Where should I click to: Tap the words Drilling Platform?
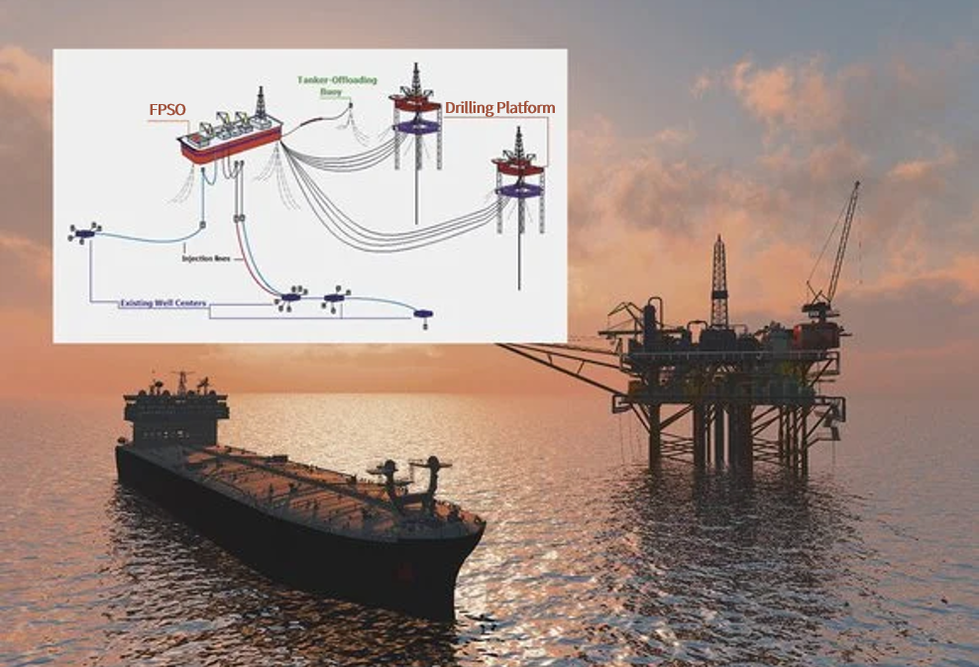click(499, 107)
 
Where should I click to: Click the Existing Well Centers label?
click(163, 304)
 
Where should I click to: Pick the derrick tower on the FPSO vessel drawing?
click(262, 101)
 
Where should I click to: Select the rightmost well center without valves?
click(424, 314)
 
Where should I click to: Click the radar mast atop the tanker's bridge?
click(181, 381)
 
